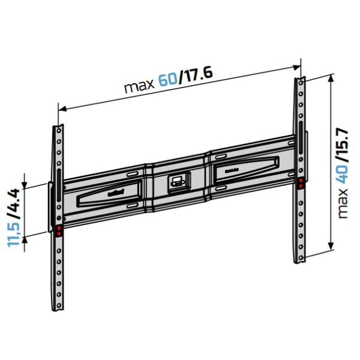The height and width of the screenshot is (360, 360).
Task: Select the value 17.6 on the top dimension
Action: pyautogui.click(x=196, y=75)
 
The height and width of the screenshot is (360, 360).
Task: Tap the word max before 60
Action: pyautogui.click(x=139, y=85)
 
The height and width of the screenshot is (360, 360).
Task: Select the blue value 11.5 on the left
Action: pyautogui.click(x=14, y=232)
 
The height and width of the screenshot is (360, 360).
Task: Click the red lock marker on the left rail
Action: pyautogui.click(x=59, y=230)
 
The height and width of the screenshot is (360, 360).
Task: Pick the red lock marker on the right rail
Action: pyautogui.click(x=300, y=182)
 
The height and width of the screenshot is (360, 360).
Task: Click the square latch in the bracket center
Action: pyautogui.click(x=176, y=180)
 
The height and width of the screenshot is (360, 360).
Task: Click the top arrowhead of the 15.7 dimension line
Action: pyautogui.click(x=331, y=76)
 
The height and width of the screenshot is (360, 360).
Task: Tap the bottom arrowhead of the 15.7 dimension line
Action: pyautogui.click(x=331, y=252)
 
